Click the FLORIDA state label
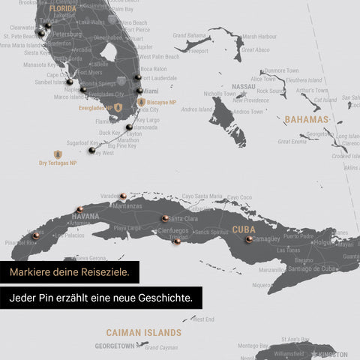[x=63, y=10]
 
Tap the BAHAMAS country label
[x=307, y=119]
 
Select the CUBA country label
[x=244, y=229]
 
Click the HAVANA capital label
[x=85, y=216]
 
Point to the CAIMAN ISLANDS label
[x=143, y=331]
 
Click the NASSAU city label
[x=244, y=87]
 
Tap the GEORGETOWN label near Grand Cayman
[x=115, y=346]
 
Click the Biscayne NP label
[x=162, y=101]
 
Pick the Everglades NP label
[x=95, y=108]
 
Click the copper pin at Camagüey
[x=248, y=239]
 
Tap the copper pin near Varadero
[x=122, y=196]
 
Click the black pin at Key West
[x=91, y=150]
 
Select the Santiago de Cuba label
[x=298, y=269]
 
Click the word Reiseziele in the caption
[x=103, y=271]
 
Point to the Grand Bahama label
[x=190, y=35]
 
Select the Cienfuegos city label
[x=173, y=230]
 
